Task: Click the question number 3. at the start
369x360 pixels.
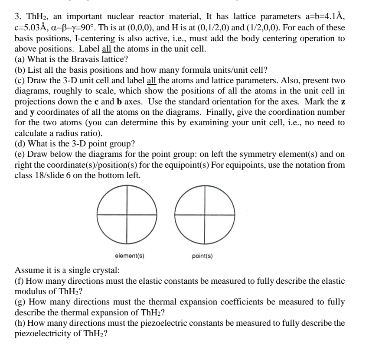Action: pyautogui.click(x=18, y=18)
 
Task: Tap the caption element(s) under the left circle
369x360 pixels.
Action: pyautogui.click(x=130, y=256)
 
